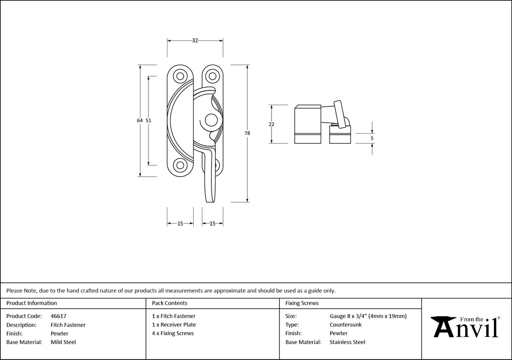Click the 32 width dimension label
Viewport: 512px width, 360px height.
(195, 40)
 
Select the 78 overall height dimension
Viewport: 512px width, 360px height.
(247, 133)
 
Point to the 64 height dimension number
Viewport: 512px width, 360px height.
(140, 121)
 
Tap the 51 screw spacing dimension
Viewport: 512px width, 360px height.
(148, 121)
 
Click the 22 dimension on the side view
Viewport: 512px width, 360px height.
(271, 124)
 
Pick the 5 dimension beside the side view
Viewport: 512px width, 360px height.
(372, 138)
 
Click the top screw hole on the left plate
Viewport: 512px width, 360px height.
(181, 76)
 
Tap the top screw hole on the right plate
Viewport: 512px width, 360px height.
(212, 76)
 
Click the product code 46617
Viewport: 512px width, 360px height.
(58, 316)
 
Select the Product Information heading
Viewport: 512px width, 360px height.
(32, 303)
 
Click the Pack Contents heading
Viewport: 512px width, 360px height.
(170, 303)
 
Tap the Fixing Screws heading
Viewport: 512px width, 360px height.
(302, 303)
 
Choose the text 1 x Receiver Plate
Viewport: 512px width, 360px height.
(174, 325)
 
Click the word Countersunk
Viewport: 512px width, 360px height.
(345, 325)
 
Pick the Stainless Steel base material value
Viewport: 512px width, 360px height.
(348, 342)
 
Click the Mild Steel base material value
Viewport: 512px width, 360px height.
(63, 342)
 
